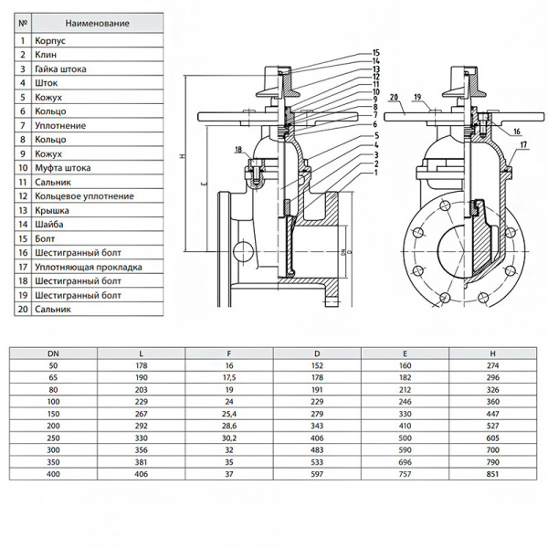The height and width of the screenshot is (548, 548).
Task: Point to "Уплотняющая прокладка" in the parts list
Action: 87,267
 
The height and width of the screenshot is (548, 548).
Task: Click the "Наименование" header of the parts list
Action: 95,22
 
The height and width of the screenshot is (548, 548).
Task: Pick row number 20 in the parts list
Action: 22,310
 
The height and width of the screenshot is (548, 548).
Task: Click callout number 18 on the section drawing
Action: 239,149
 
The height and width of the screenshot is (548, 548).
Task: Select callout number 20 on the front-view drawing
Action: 395,95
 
